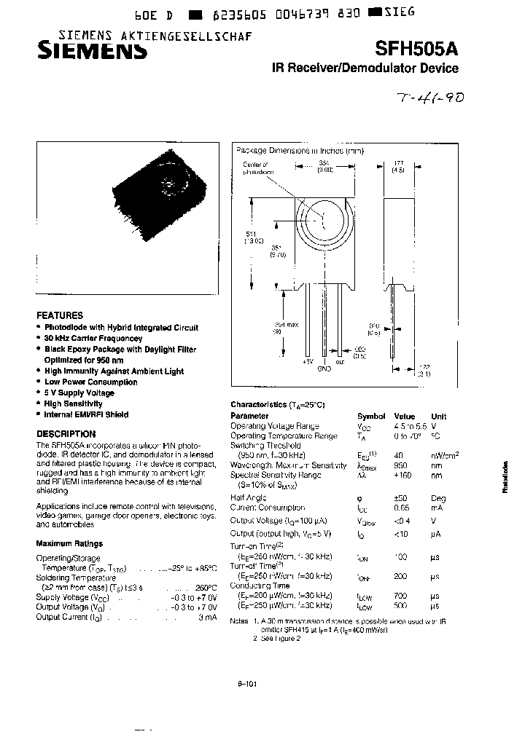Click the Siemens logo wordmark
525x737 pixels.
point(93,51)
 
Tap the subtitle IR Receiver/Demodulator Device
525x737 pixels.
point(365,68)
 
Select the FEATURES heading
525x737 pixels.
point(60,316)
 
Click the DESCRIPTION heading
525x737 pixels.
point(66,434)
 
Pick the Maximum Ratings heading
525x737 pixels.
point(69,543)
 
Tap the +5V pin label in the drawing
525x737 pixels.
point(308,361)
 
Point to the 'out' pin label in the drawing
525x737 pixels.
point(340,361)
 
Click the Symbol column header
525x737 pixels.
point(370,417)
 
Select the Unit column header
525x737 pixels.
point(438,417)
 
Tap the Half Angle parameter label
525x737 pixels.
point(247,498)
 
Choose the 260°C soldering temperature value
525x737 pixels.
point(204,588)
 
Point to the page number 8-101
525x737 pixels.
point(247,683)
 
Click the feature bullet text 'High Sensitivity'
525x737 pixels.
point(73,403)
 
